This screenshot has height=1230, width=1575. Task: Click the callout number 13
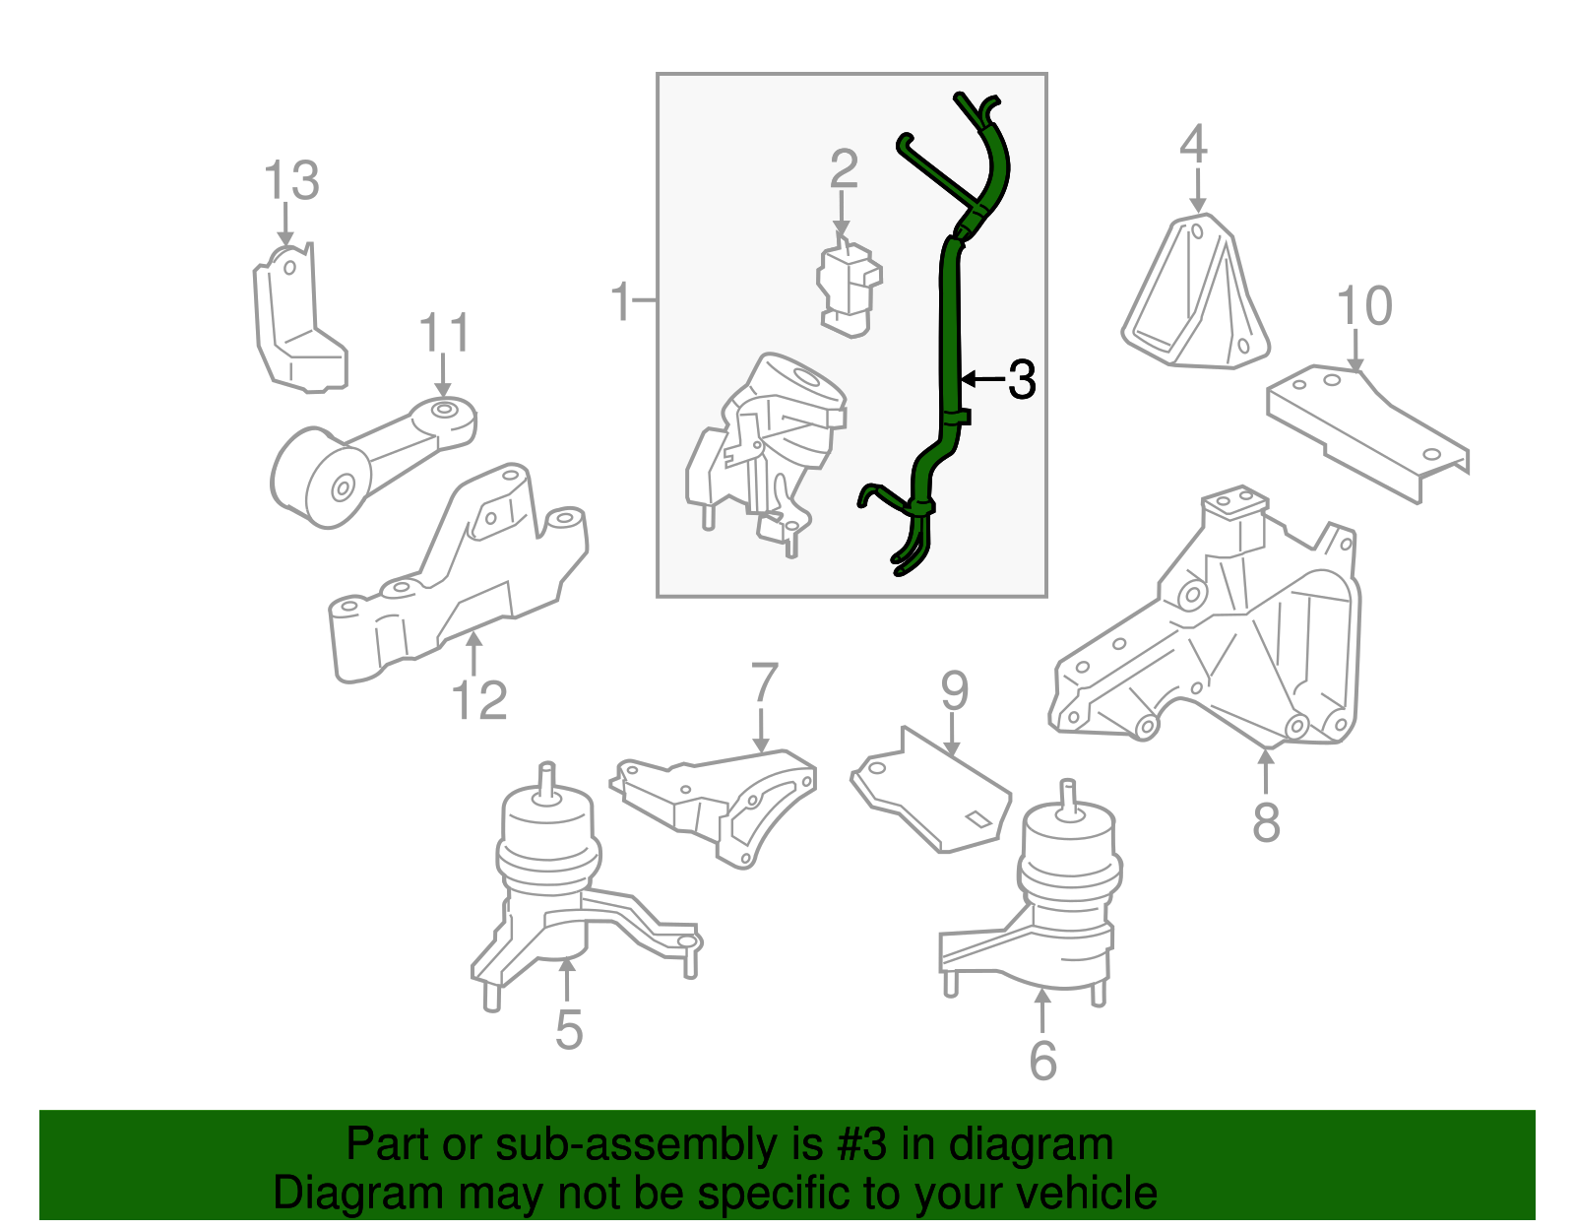click(291, 181)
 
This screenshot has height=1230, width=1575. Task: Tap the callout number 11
click(445, 334)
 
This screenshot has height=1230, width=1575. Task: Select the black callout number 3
click(1022, 380)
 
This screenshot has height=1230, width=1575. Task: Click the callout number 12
click(478, 701)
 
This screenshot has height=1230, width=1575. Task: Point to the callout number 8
click(1266, 822)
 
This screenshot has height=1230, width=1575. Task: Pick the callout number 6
click(1042, 1061)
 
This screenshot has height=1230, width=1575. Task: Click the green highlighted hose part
click(951, 325)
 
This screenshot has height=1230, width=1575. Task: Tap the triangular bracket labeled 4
click(1196, 295)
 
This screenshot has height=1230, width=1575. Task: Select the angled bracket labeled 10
click(1368, 428)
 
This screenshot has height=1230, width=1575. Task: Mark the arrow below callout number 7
click(761, 734)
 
